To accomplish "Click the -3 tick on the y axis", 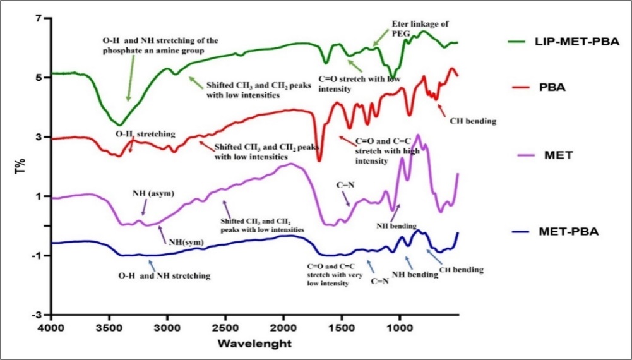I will coord(36,315).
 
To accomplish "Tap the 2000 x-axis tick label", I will coord(283,328).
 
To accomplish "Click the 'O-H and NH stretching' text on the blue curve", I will coord(164,275).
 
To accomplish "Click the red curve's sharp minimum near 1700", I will coord(319,160).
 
